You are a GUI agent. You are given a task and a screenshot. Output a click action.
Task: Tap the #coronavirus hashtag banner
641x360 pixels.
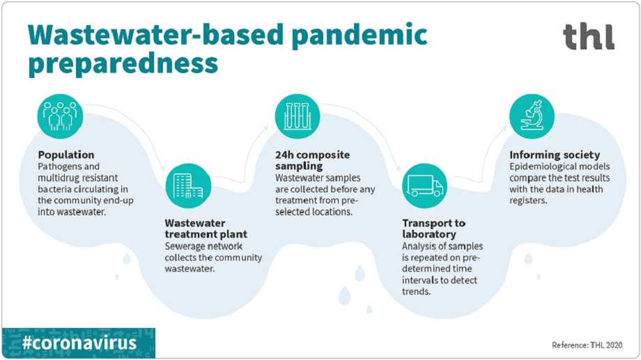pos(78,343)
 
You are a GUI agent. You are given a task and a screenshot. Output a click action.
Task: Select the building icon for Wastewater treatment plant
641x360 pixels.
pos(187,187)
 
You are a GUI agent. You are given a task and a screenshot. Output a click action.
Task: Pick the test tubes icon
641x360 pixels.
pos(296,114)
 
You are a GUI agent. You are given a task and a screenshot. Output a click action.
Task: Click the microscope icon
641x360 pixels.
pos(531,114)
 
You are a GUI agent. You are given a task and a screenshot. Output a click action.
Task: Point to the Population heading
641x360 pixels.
pos(66,155)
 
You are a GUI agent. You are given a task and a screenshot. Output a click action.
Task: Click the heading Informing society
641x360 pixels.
pos(554,155)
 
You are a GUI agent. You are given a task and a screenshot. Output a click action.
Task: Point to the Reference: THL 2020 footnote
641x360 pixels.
pos(590,345)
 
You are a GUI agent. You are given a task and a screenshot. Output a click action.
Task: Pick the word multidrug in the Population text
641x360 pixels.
pos(59,178)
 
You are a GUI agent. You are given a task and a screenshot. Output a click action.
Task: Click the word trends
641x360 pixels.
pos(417,291)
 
